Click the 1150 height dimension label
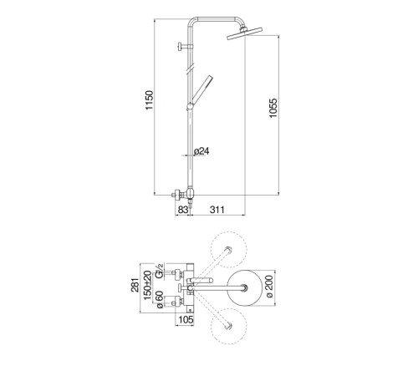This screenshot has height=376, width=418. pyautogui.click(x=150, y=100)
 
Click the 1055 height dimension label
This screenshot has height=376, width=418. pyautogui.click(x=273, y=108)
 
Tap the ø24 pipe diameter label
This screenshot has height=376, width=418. pyautogui.click(x=201, y=151)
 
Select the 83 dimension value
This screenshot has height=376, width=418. pyautogui.click(x=183, y=210)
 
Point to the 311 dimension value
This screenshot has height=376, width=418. pyautogui.click(x=217, y=210)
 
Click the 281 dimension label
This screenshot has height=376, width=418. pyautogui.click(x=135, y=285)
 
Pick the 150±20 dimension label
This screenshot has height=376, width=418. pyautogui.click(x=148, y=285)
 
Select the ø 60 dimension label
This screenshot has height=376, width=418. pyautogui.click(x=160, y=300)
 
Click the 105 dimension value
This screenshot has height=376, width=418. pyautogui.click(x=186, y=320)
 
